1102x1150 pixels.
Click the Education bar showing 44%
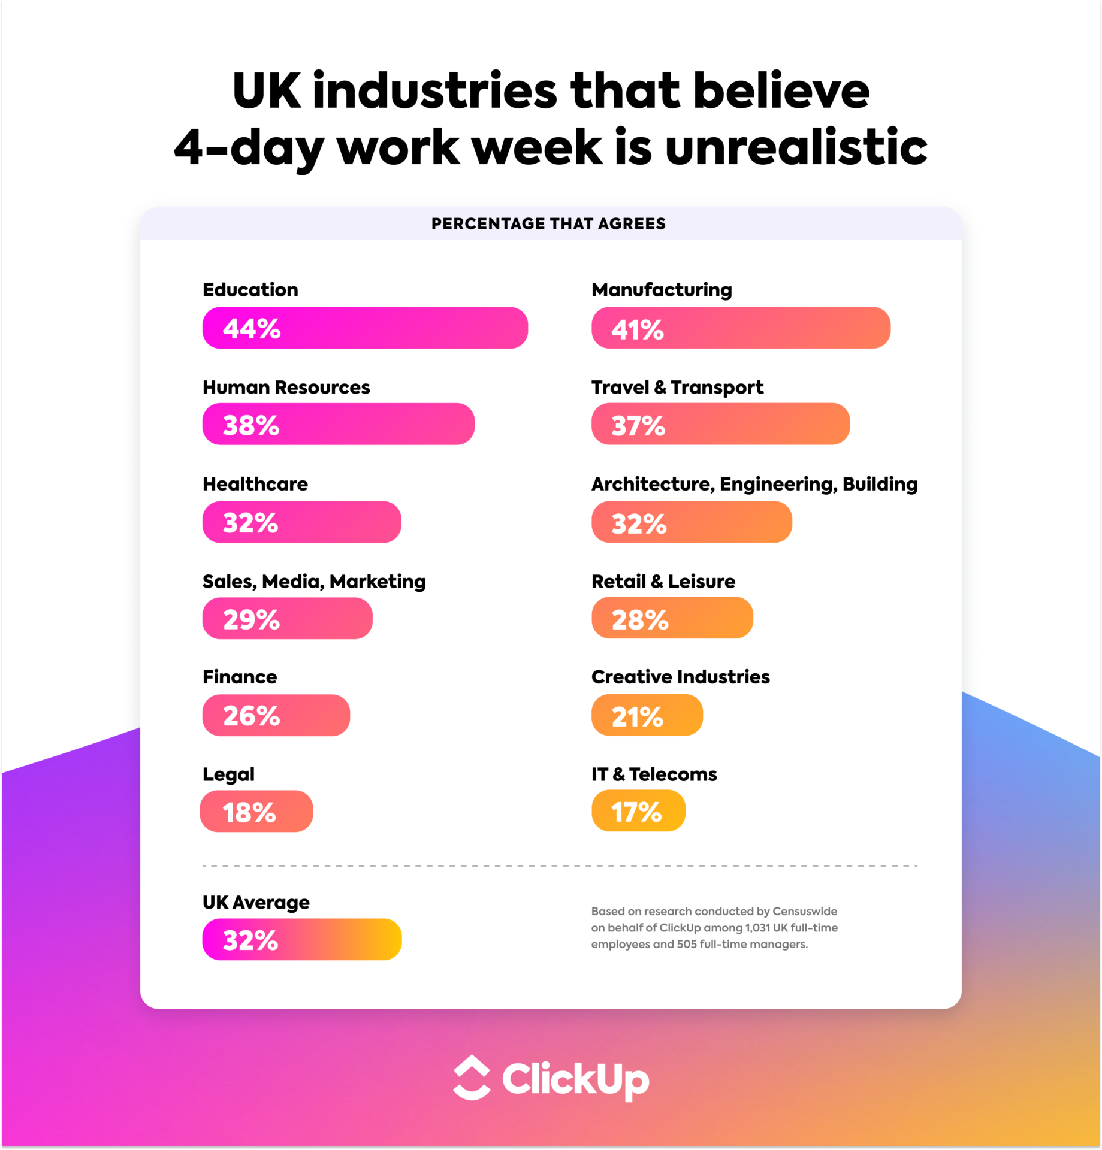point(365,328)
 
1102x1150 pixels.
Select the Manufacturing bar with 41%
point(741,328)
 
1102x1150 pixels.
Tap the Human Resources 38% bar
point(338,424)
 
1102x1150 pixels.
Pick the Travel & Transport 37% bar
point(720,424)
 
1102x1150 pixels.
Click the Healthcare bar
point(301,522)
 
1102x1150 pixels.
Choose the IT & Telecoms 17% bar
point(638,811)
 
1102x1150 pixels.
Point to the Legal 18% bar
point(256,812)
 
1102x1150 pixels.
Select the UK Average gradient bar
point(301,939)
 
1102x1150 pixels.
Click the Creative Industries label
point(680,677)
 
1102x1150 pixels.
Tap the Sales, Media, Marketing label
point(314,581)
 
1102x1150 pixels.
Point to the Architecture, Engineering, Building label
point(754,484)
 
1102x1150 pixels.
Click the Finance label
point(240,677)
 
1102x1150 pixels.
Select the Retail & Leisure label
point(663,581)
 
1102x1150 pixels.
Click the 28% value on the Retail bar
point(639,619)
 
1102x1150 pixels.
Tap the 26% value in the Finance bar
point(251,716)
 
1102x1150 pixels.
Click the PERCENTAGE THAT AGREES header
point(548,224)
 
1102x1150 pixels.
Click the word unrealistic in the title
point(796,147)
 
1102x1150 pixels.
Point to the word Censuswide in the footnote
point(804,911)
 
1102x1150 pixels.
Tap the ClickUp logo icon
point(472,1078)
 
